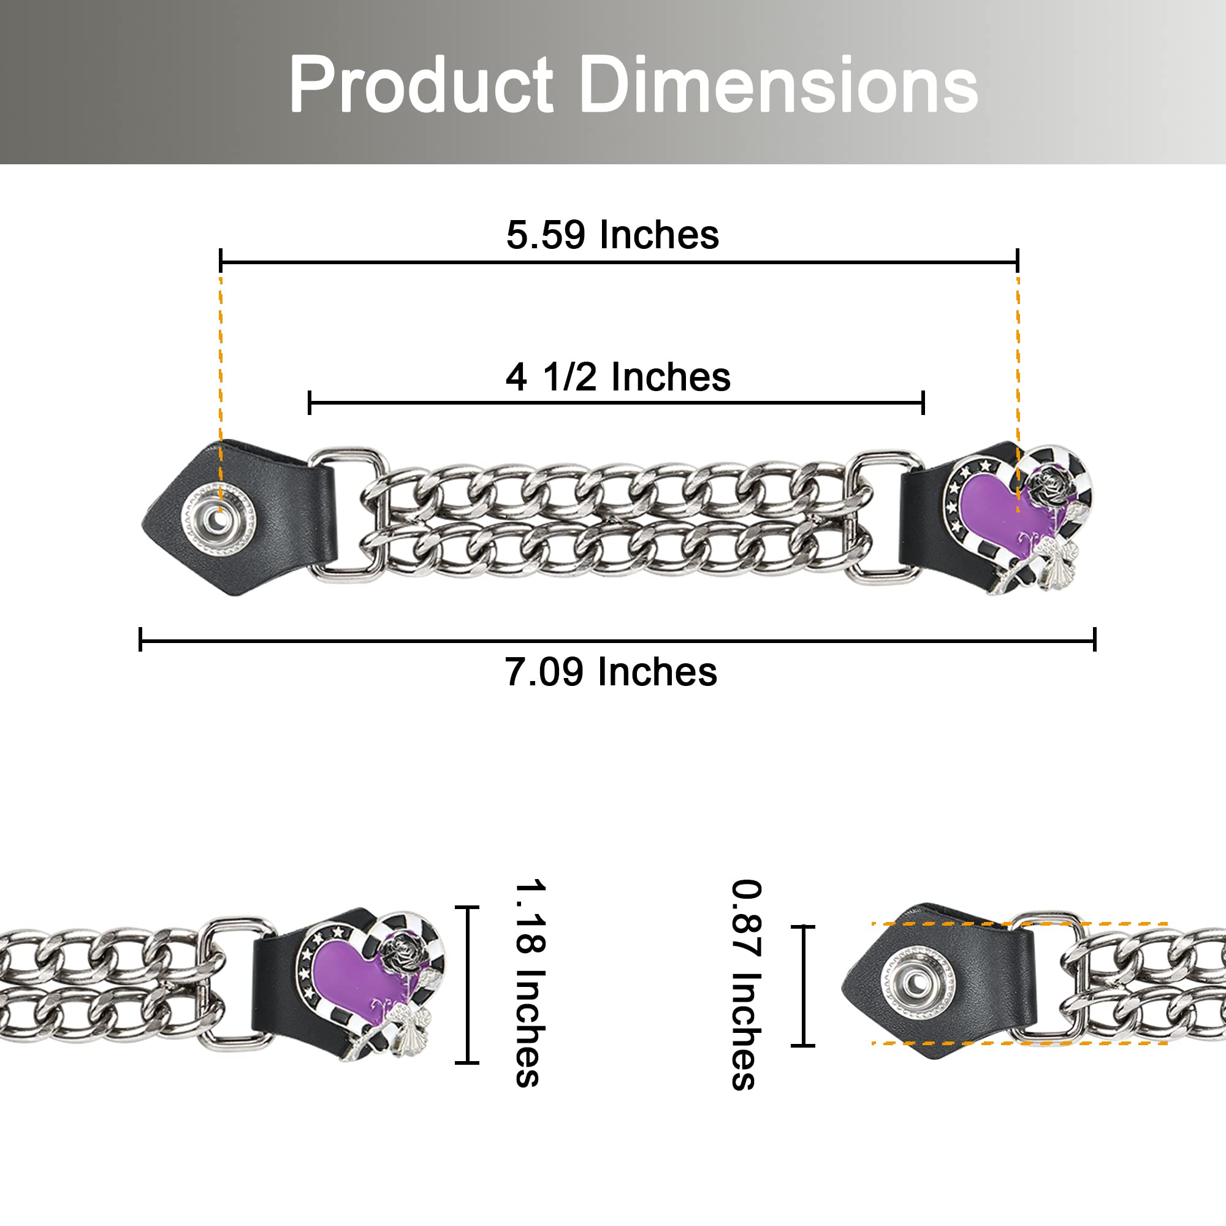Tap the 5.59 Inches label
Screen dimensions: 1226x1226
pos(612,235)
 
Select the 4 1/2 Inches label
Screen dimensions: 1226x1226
pos(618,377)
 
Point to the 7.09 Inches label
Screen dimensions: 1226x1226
pos(611,672)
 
